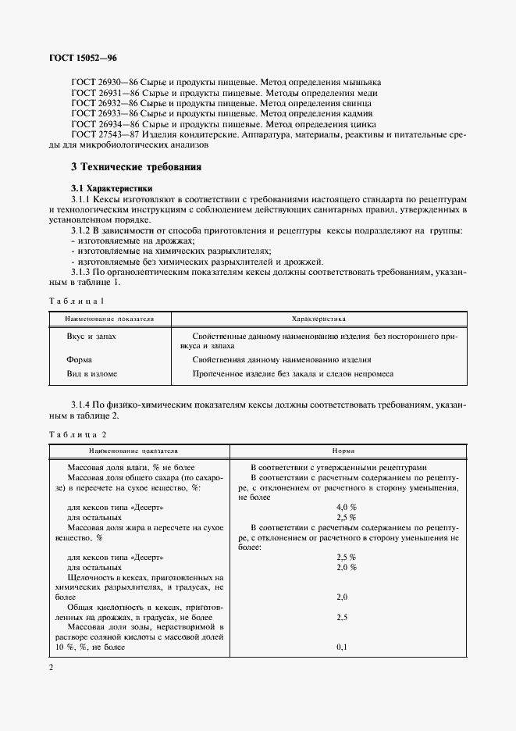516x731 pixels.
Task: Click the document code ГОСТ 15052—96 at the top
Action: coord(81,57)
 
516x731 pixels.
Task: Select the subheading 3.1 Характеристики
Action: coord(112,189)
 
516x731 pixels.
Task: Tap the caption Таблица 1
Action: coord(76,301)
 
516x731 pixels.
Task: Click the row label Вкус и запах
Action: coord(91,335)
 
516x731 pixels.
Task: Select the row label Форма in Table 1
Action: coord(80,360)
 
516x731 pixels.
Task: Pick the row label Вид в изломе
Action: coord(93,374)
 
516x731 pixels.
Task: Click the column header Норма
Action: coord(343,451)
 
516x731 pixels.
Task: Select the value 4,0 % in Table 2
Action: coord(346,507)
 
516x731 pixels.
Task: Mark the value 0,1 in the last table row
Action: coord(341,647)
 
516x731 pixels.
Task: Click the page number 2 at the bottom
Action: coord(51,667)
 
